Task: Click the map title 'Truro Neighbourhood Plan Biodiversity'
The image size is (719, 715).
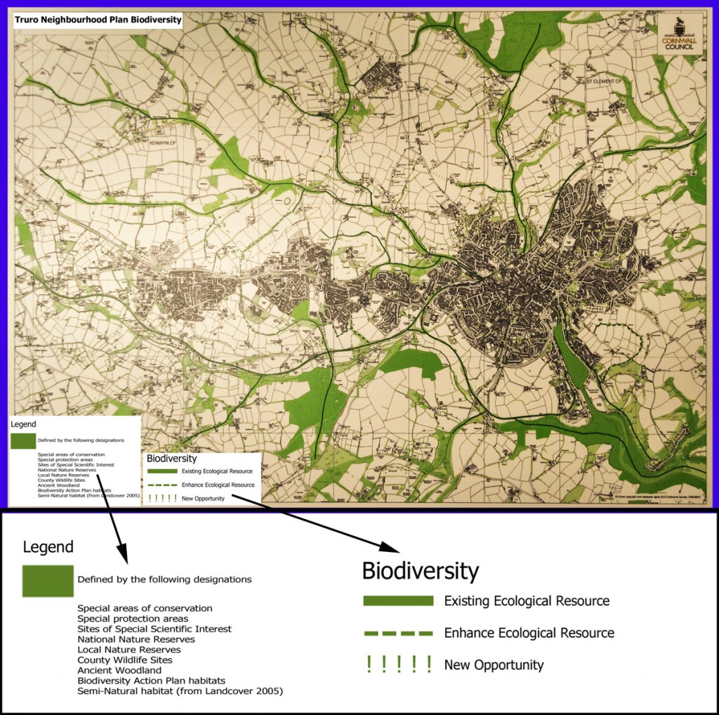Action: click(98, 20)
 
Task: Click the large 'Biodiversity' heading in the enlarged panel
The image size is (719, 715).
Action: click(420, 571)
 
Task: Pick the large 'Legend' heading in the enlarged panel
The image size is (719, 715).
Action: click(48, 547)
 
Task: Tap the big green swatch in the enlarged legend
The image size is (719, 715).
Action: click(48, 580)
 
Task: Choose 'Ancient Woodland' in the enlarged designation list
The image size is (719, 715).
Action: click(119, 670)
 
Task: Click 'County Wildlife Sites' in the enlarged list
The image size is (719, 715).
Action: click(125, 660)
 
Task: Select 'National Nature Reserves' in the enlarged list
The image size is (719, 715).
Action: click(136, 639)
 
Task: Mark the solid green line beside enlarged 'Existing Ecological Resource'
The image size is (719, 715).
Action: click(398, 601)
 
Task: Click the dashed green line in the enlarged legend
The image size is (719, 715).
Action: click(398, 634)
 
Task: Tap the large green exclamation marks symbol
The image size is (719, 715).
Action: click(398, 664)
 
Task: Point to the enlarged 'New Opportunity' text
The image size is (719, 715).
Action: click(494, 664)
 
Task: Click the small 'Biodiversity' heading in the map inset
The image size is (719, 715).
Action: click(172, 458)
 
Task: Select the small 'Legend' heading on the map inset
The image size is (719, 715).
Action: click(24, 424)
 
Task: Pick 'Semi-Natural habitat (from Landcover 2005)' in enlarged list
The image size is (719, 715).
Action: click(180, 691)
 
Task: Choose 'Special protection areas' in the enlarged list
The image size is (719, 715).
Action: click(133, 619)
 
